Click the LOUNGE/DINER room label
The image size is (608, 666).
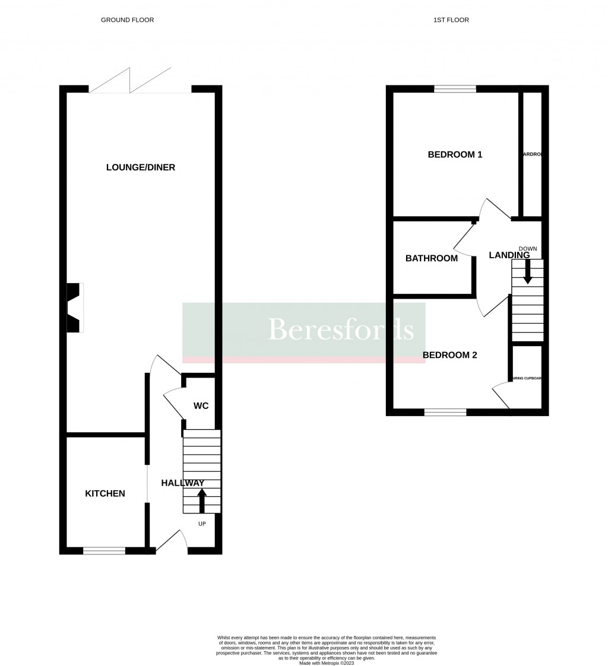141,167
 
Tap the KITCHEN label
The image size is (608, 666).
105,493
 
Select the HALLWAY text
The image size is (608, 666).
182,483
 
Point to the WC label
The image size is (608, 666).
201,406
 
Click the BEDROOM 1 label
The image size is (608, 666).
455,155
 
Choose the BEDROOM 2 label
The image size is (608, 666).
450,355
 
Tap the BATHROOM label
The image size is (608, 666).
432,258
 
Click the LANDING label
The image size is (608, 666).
509,255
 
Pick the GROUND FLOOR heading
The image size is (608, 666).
127,20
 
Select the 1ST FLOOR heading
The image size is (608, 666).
451,20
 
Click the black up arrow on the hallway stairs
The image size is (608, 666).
202,500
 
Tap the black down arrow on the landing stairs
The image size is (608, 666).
527,272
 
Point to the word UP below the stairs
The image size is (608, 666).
202,524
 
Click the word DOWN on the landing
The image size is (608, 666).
527,249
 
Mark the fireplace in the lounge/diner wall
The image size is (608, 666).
74,307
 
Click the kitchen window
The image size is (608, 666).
104,551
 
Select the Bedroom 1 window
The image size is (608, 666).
455,89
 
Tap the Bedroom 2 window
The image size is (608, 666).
445,412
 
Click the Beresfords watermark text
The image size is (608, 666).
341,329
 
